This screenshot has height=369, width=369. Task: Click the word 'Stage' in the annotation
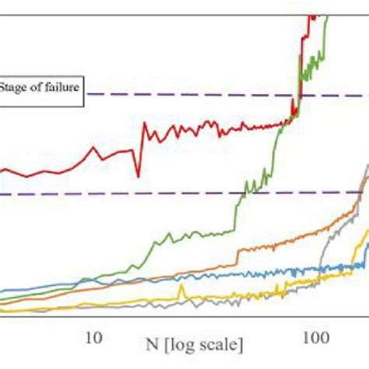[13, 86]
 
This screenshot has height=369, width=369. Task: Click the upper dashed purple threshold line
[195, 95]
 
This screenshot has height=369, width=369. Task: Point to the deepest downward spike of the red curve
[138, 176]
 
